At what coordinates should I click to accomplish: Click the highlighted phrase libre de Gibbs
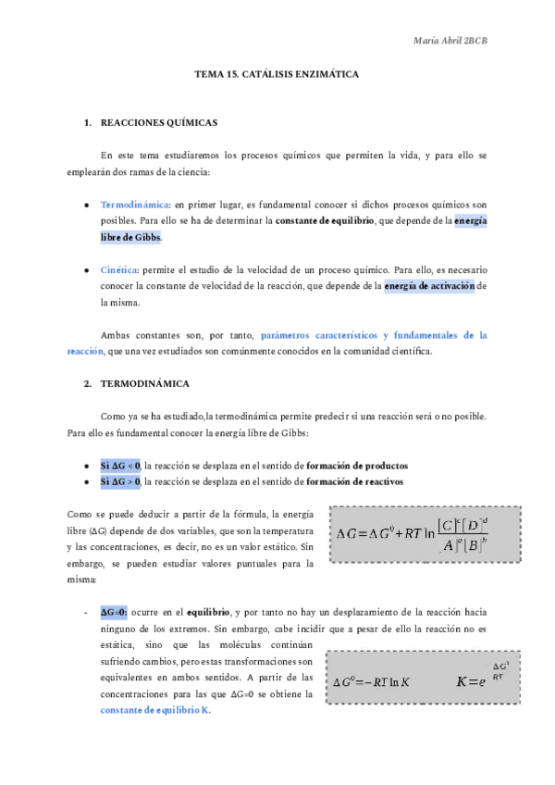[130, 238]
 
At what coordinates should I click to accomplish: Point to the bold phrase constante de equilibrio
[325, 221]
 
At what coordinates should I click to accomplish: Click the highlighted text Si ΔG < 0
[120, 465]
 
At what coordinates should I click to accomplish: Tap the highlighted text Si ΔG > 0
[120, 482]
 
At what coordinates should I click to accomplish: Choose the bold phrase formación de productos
[357, 465]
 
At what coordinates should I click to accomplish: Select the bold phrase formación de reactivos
[354, 482]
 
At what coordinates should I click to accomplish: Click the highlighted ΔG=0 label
[115, 613]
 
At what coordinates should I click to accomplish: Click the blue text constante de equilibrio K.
[156, 711]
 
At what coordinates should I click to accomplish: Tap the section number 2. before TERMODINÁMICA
[87, 382]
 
